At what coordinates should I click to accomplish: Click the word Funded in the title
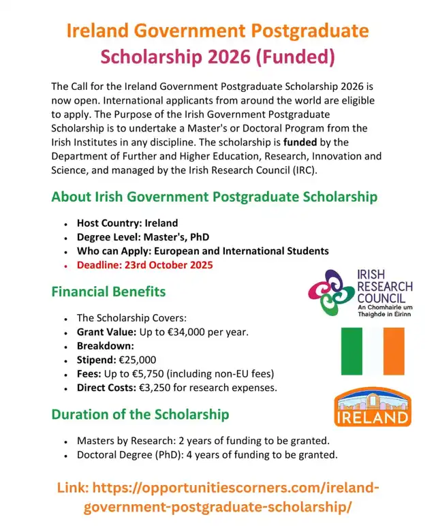coord(297,57)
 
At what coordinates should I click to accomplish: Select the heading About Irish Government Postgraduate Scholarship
coord(214,198)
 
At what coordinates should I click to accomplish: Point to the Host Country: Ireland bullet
coord(127,223)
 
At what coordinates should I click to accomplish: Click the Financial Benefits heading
coord(108,292)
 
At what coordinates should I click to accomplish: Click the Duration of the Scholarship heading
coord(140,414)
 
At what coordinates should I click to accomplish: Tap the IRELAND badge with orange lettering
coord(374,409)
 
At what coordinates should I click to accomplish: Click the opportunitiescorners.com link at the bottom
coord(218,497)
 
